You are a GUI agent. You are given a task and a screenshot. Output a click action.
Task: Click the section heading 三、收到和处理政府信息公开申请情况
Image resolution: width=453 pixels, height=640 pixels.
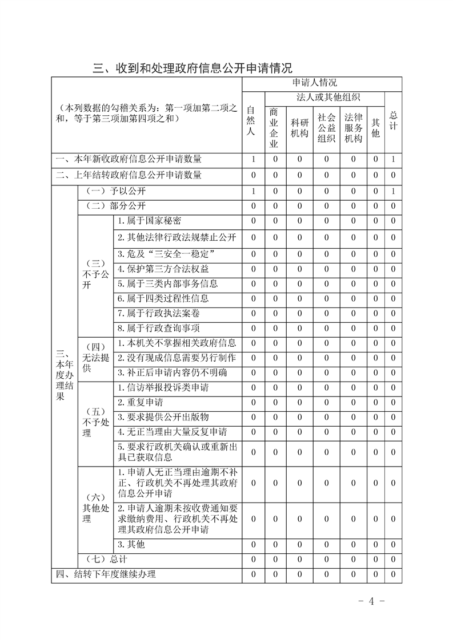(x=193, y=69)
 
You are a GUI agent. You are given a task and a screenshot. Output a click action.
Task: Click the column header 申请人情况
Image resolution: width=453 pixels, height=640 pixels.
(x=321, y=83)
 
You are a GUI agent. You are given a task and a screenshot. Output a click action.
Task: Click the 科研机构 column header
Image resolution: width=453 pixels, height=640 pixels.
(x=299, y=128)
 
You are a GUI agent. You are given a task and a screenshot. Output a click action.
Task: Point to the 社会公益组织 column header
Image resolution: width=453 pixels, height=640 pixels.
(x=326, y=128)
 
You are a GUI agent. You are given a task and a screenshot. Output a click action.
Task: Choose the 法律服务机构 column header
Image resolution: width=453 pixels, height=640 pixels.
(x=353, y=128)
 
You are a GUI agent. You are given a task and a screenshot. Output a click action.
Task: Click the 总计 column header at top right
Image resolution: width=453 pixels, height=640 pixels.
(x=393, y=120)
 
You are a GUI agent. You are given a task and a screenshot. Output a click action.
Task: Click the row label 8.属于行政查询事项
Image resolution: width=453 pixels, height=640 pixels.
(x=158, y=328)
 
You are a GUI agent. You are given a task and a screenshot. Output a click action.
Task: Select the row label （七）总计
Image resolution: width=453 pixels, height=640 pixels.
(x=106, y=560)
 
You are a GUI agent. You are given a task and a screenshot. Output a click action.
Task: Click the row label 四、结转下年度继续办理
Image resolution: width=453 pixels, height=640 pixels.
(x=106, y=575)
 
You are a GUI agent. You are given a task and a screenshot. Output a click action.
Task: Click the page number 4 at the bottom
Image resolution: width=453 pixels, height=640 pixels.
(x=371, y=601)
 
